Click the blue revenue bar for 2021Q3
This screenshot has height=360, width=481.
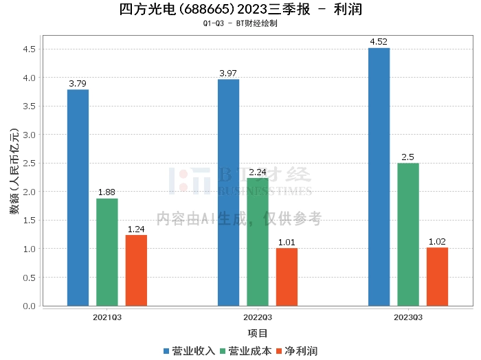click(78, 198)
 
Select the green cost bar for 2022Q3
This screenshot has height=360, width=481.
click(258, 242)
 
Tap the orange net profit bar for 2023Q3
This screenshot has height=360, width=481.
click(438, 277)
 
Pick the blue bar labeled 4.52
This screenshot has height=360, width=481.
click(379, 177)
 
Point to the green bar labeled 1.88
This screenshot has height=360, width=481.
click(107, 252)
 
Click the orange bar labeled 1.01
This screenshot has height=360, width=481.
click(287, 277)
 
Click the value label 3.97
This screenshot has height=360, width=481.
click(228, 74)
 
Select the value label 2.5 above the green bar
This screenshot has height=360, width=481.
click(408, 157)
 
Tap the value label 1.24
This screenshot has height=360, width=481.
click(136, 229)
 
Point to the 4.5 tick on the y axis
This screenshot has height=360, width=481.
click(29, 49)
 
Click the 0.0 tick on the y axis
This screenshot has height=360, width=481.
click(29, 306)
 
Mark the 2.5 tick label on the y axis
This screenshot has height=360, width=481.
click(29, 164)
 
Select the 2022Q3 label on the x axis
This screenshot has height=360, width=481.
click(258, 317)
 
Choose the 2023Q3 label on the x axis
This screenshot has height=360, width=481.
click(408, 317)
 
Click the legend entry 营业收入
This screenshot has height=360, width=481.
click(189, 351)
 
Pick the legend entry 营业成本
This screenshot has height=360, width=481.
click(246, 351)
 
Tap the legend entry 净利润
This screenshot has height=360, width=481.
click(298, 351)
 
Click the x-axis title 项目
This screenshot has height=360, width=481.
click(258, 333)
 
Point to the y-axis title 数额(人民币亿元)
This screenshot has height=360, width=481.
click(14, 171)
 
